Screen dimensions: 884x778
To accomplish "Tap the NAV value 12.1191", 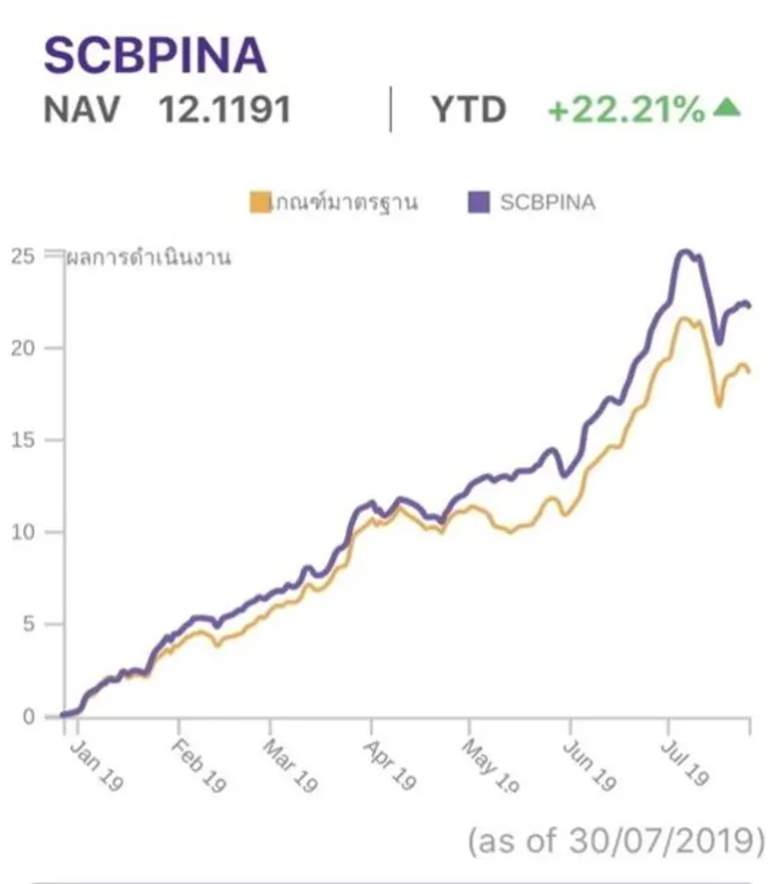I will pos(224,109).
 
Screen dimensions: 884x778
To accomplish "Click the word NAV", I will pos(81,109).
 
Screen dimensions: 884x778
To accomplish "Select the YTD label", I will pos(468,109).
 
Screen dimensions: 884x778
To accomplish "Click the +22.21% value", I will pos(625,109).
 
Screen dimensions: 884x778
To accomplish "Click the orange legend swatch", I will pos(259,203).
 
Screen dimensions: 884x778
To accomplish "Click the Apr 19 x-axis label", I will pos(389,766).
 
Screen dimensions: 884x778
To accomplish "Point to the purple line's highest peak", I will pos(685,251).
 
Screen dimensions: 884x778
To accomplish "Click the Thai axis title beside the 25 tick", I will pos(149,258).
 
